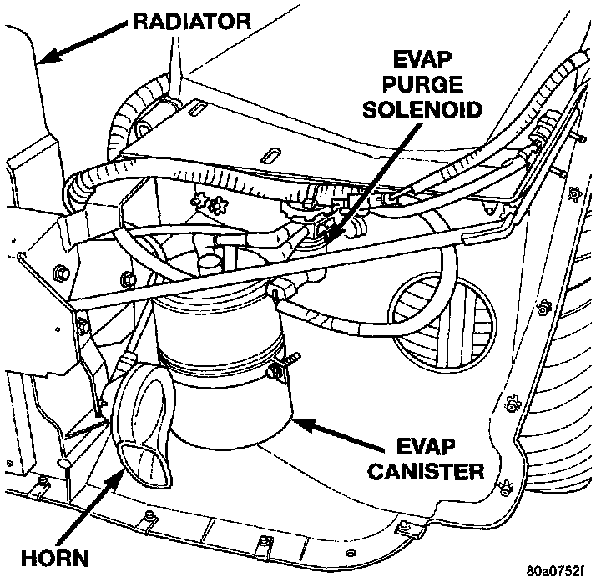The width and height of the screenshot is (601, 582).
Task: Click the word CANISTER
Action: [426, 472]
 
